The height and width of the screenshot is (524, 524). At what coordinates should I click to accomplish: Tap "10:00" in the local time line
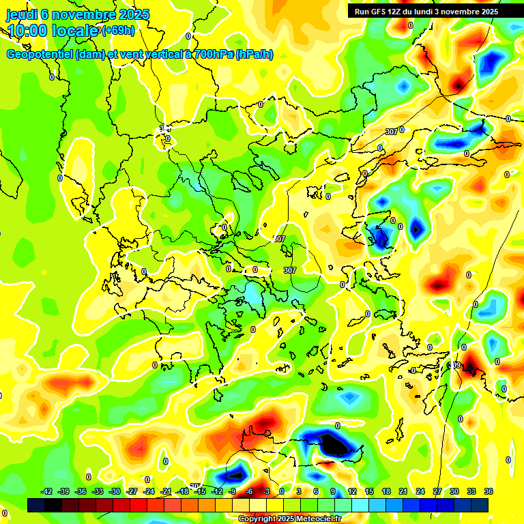28,31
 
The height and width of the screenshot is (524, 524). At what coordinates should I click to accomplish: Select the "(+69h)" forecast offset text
118,31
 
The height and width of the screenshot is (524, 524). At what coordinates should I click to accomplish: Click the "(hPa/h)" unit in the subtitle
254,55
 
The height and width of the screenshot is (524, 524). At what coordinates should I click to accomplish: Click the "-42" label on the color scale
47,491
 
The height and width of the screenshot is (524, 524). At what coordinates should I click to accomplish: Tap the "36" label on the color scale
488,491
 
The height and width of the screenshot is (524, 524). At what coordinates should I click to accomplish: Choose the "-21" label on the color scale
166,491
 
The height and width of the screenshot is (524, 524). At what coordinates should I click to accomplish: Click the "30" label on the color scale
454,491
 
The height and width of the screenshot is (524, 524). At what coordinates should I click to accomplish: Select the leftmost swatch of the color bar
36,505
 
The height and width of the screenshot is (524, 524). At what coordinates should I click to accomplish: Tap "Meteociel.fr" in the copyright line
319,519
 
